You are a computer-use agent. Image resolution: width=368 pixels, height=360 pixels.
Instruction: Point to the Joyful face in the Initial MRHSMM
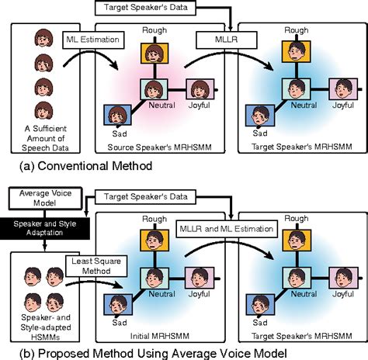[x=199, y=278]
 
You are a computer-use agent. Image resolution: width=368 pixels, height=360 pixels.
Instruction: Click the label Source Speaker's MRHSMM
[x=155, y=144]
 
